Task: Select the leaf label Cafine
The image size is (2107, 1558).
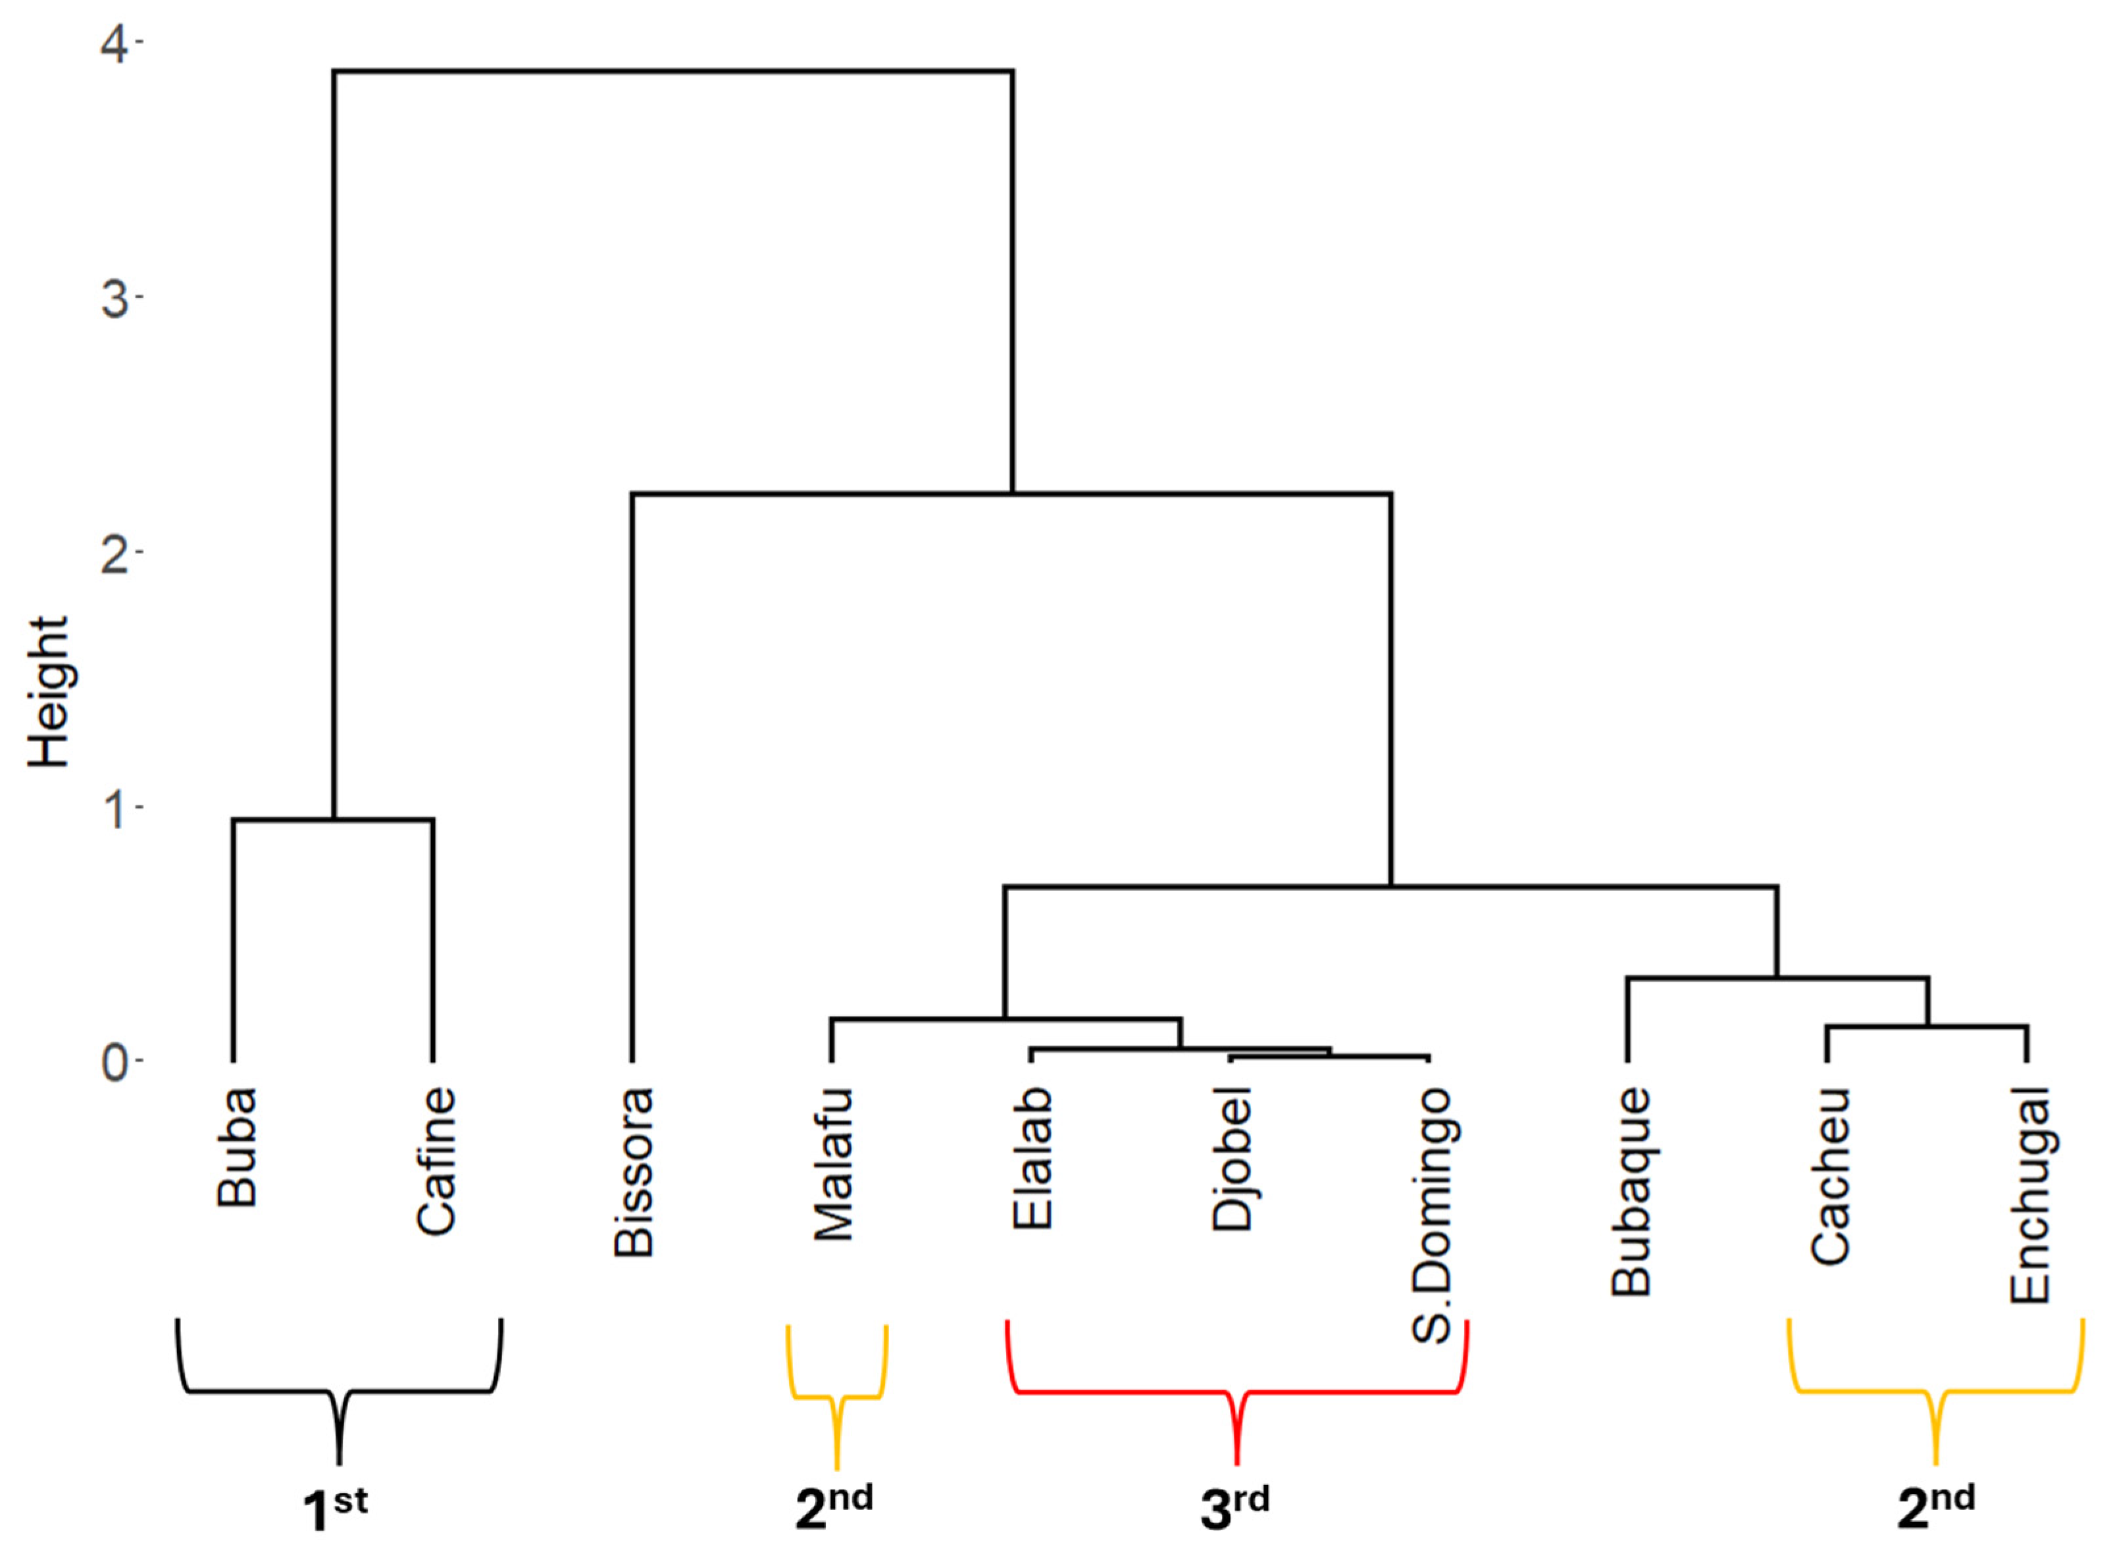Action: click(x=436, y=1161)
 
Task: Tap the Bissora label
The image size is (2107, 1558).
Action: click(x=634, y=1172)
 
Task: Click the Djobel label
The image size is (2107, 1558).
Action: click(x=1232, y=1159)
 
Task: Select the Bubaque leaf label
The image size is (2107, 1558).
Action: click(x=1631, y=1192)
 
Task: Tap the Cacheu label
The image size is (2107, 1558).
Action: click(x=1831, y=1175)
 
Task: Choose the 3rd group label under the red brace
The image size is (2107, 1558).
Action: click(x=1234, y=1504)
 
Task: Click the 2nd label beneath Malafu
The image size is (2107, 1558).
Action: click(x=834, y=1504)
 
